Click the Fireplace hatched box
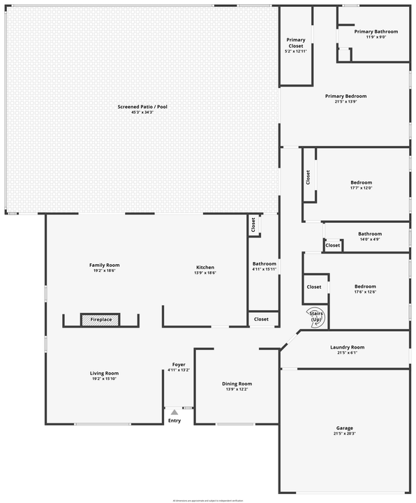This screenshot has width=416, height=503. coord(101,320)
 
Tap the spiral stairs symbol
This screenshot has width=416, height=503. coord(315,316)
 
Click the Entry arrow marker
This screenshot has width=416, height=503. coord(174,413)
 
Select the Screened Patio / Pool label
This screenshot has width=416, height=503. coord(142,107)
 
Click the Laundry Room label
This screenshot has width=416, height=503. coord(347,347)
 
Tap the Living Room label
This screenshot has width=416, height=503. coord(104,373)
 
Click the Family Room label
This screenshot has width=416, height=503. coord(104,265)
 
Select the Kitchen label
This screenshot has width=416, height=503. coord(205,267)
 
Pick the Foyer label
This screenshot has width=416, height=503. coord(179,364)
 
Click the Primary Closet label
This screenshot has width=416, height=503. coord(297,43)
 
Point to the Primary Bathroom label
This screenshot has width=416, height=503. coord(376,31)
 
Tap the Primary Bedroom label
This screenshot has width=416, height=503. coord(346,96)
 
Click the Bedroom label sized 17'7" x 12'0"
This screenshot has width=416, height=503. coord(361,183)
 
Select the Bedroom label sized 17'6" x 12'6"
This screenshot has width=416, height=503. coord(365,286)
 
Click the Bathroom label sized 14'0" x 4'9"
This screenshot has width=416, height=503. coord(370,234)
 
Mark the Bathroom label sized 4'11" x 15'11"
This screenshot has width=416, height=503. coord(265,263)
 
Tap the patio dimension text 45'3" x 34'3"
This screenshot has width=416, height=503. coord(142,112)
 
